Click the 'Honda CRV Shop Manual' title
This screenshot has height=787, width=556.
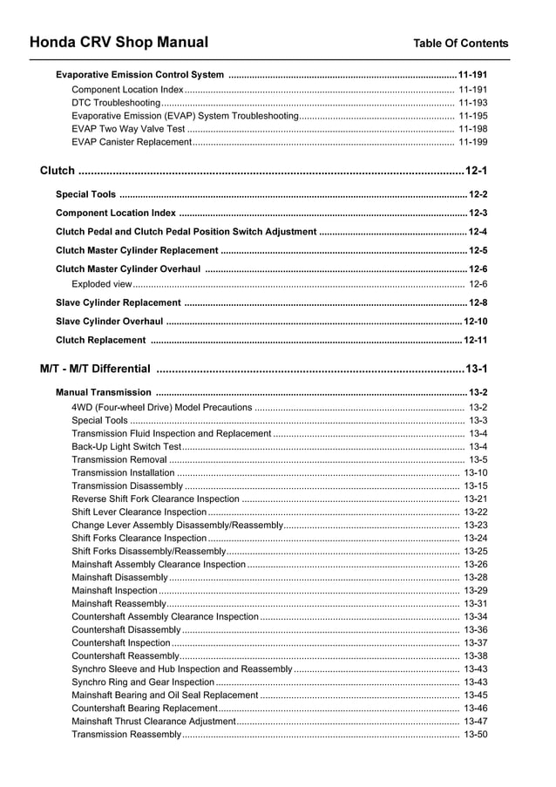click(119, 42)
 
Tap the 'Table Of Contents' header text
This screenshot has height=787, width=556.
click(460, 44)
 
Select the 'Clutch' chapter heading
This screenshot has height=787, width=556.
click(58, 171)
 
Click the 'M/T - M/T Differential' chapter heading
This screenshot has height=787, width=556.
click(95, 369)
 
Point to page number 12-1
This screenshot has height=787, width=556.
click(476, 171)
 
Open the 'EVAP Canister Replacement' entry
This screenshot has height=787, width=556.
click(131, 142)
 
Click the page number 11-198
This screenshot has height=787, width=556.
click(472, 129)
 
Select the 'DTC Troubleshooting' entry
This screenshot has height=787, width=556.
click(116, 103)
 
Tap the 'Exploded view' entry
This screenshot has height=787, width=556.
click(102, 284)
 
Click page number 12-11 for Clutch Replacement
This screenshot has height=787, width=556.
click(475, 340)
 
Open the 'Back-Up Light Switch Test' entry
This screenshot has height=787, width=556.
click(126, 447)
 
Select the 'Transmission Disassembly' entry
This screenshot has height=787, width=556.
click(127, 486)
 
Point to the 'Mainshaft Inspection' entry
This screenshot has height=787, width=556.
click(114, 591)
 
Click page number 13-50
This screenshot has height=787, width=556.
click(475, 735)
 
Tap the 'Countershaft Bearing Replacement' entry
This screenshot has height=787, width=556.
click(144, 709)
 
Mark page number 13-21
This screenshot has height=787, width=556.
click(475, 499)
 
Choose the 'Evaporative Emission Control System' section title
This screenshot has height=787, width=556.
click(139, 75)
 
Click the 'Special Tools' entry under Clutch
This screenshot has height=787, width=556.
click(85, 194)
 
